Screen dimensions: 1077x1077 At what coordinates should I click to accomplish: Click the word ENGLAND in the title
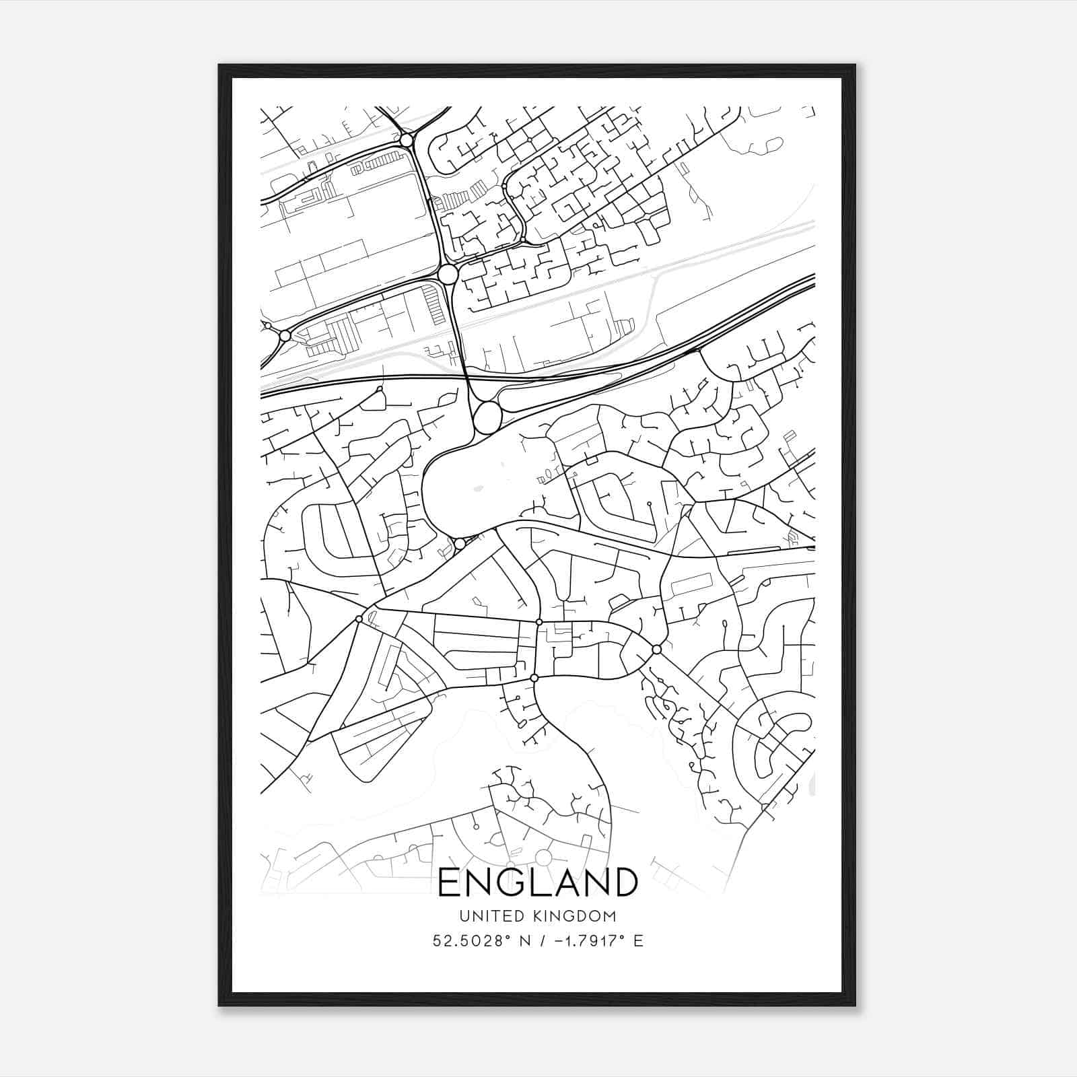[x=538, y=882]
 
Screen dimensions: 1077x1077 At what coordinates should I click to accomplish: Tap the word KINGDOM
[x=576, y=916]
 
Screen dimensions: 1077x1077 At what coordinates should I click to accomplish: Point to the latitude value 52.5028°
[x=468, y=940]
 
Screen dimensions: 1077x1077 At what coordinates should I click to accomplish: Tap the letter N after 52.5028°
[x=518, y=940]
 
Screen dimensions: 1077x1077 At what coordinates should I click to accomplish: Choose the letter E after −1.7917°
[x=637, y=940]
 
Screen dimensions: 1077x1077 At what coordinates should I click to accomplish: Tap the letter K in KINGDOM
[x=540, y=916]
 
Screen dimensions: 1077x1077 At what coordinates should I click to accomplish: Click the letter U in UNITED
[x=464, y=916]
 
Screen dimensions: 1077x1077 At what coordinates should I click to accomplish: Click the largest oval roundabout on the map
[x=487, y=417]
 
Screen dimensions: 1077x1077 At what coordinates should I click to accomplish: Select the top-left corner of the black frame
[x=219, y=65]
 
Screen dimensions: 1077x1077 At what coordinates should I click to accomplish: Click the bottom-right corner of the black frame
[x=855, y=1006]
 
